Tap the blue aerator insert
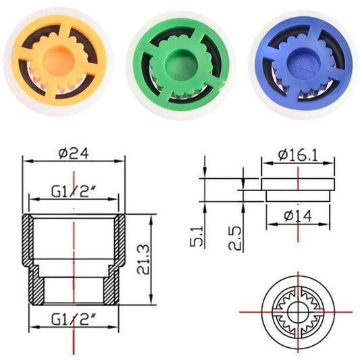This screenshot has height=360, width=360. pyautogui.click(x=300, y=61)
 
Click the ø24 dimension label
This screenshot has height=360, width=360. pyautogui.click(x=74, y=153)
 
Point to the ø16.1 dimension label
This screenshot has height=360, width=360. pyautogui.click(x=298, y=155)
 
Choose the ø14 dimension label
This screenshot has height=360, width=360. pyautogui.click(x=298, y=216)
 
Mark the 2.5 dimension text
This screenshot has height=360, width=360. pyautogui.click(x=234, y=236)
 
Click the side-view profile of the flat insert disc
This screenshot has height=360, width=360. pyautogui.click(x=298, y=187)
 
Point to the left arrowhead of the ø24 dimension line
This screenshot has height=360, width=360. pyautogui.click(x=26, y=161)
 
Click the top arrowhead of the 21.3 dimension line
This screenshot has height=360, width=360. pyautogui.click(x=150, y=218)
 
